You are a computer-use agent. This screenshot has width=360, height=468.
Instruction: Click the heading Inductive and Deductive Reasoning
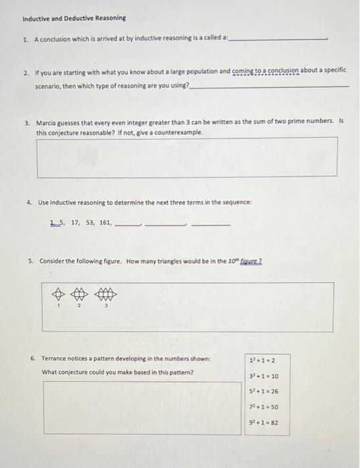tap(64, 17)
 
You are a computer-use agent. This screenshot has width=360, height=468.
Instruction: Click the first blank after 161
tap(127, 225)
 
